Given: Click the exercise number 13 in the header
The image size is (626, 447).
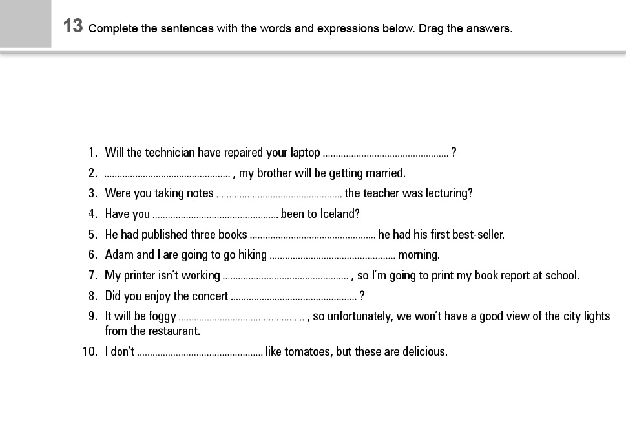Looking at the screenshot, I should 73,27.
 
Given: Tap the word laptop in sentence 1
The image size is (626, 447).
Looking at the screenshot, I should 305,153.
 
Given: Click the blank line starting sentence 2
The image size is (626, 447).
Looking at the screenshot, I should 167,174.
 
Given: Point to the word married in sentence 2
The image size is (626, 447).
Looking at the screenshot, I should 385,173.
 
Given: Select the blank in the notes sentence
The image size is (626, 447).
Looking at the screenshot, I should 279,194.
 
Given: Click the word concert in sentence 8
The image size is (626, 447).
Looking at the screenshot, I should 210,296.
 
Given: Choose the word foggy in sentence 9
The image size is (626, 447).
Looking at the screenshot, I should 162,316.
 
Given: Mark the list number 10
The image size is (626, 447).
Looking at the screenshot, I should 89,352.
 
